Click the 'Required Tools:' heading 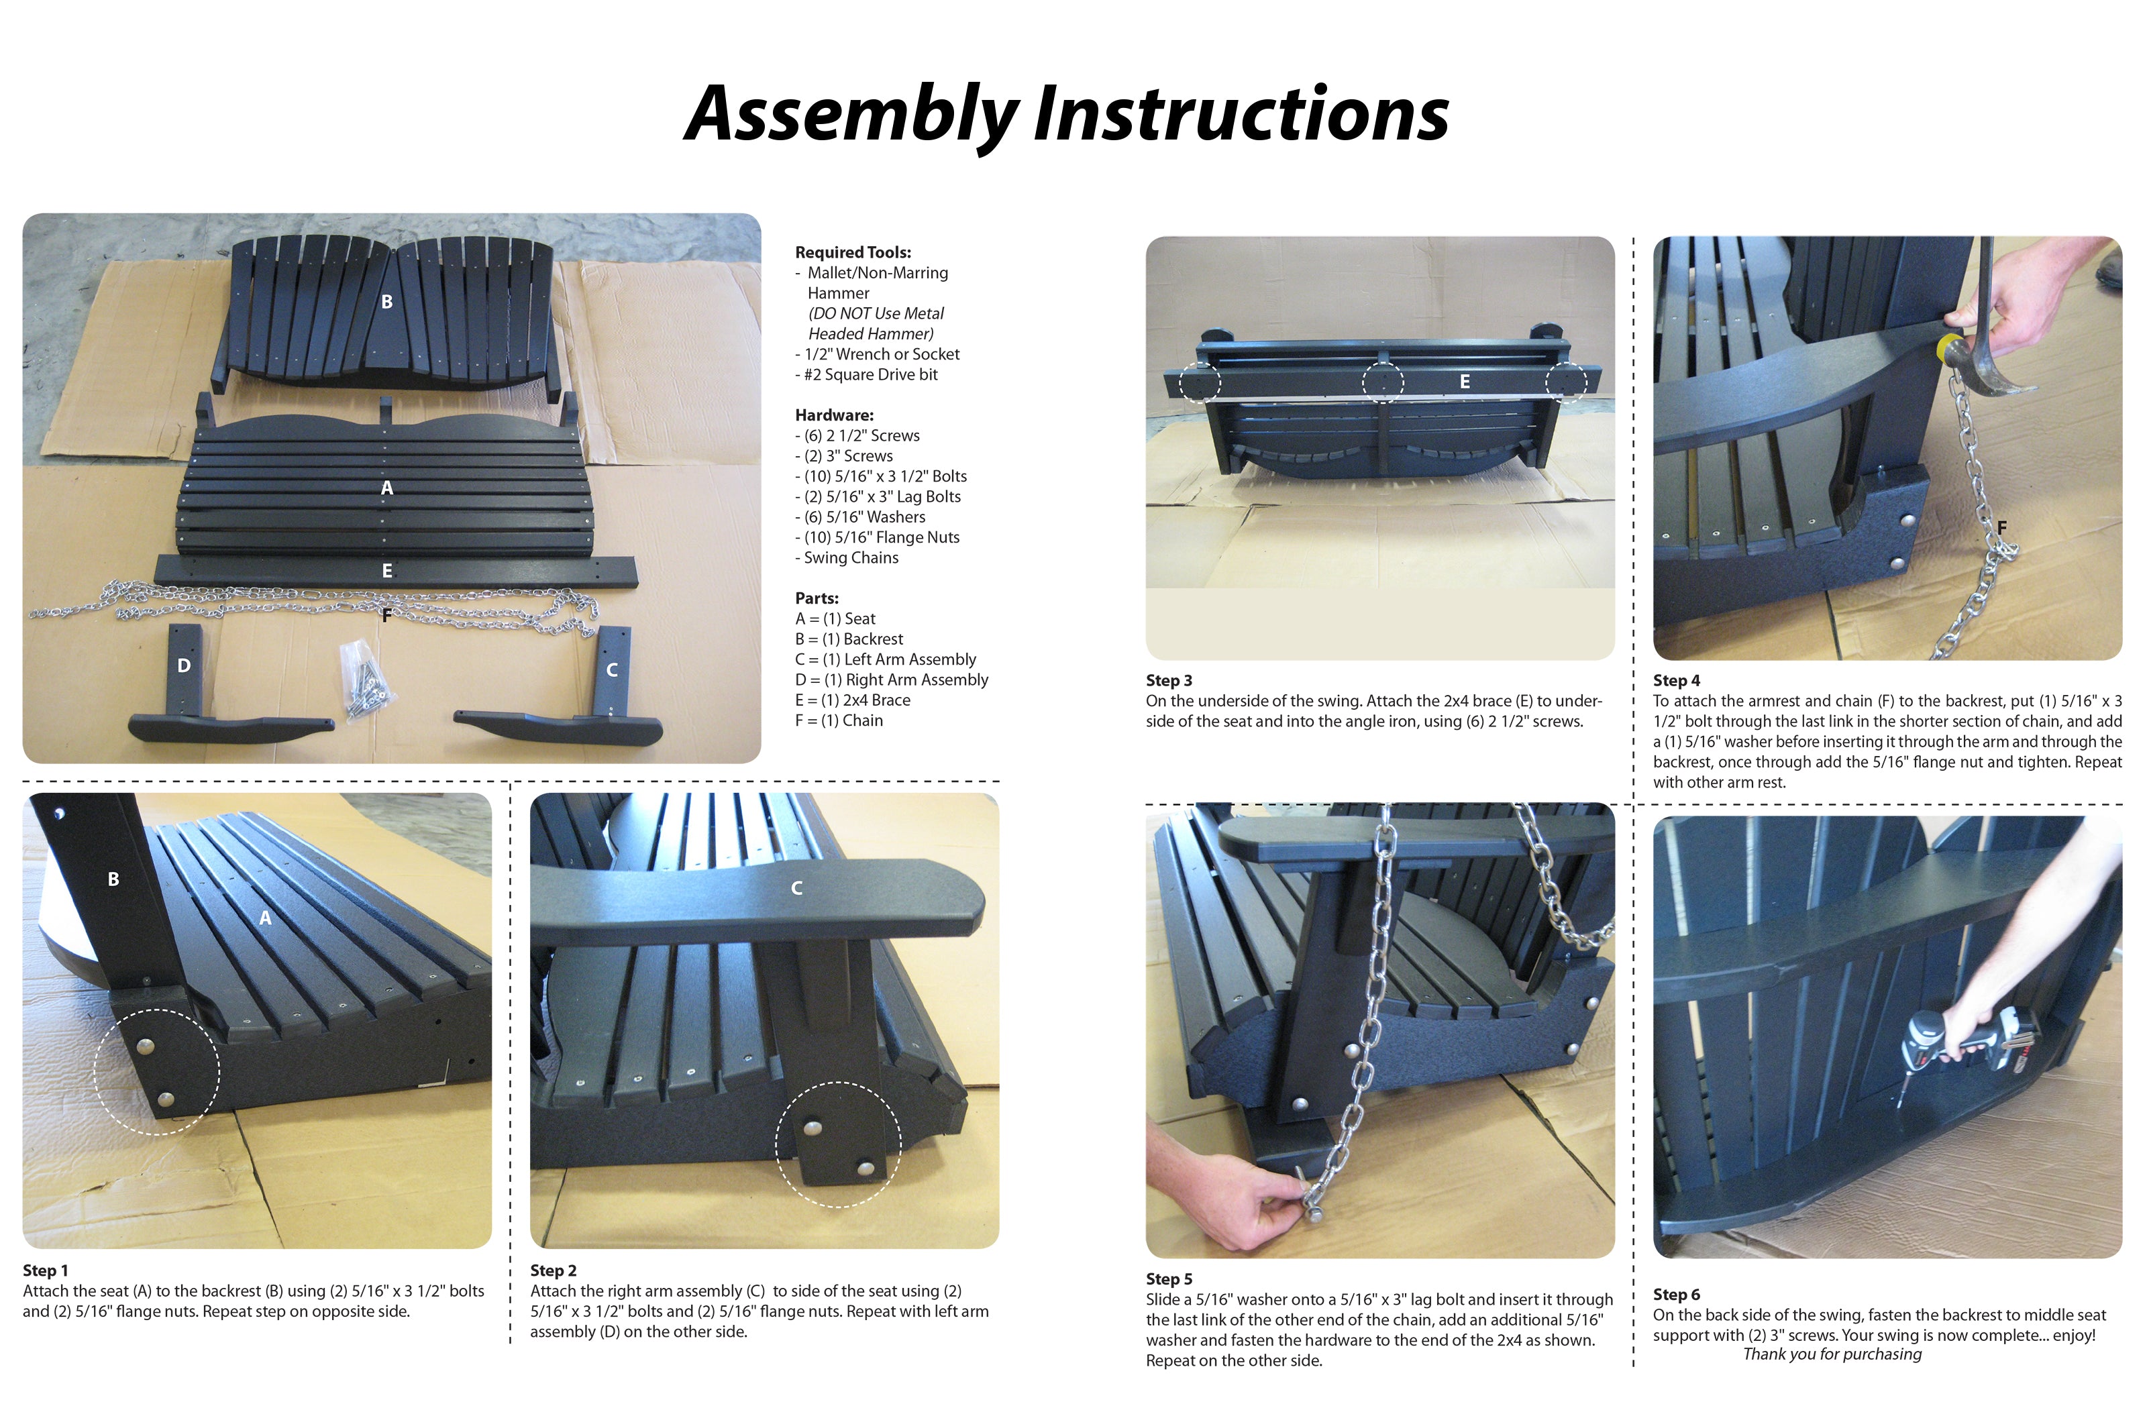(x=853, y=253)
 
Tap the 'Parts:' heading (x=817, y=598)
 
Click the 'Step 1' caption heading (x=45, y=1270)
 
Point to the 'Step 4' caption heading (x=1676, y=680)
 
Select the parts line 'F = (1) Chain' (x=839, y=720)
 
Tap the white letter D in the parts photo (x=184, y=665)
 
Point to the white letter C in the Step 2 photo (x=796, y=888)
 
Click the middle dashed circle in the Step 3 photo (x=1382, y=382)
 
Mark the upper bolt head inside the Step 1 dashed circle (x=146, y=1046)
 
